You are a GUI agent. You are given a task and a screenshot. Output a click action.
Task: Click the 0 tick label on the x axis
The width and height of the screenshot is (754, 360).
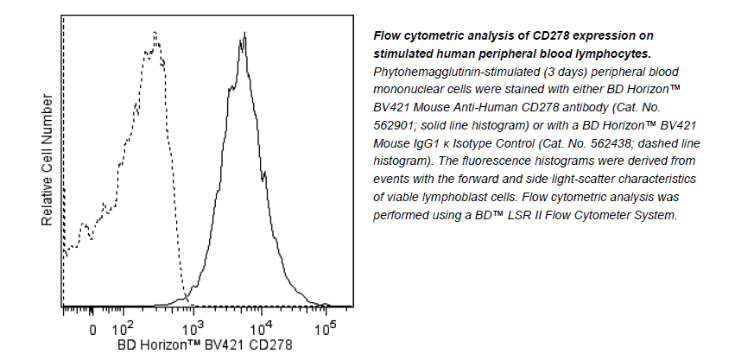(x=92, y=329)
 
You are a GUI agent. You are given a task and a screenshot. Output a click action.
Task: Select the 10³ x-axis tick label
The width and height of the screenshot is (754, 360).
(x=193, y=328)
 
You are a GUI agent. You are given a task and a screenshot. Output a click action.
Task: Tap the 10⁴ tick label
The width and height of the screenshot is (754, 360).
(x=261, y=328)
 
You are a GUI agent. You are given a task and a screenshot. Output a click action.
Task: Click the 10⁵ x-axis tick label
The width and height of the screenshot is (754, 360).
(x=324, y=328)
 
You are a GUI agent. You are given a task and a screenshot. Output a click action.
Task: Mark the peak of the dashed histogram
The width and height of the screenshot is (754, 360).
(x=154, y=34)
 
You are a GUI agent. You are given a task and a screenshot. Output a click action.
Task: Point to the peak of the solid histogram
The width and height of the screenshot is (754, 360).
(x=245, y=34)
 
